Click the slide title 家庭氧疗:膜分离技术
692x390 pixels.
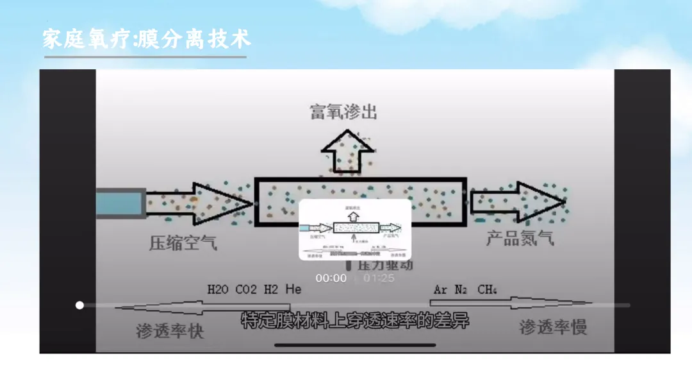(x=147, y=38)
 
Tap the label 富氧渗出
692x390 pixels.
(x=343, y=113)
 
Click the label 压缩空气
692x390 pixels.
(x=183, y=243)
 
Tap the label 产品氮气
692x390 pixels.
(x=520, y=239)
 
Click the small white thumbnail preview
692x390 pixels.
(x=355, y=229)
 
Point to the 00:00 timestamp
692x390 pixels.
(x=331, y=278)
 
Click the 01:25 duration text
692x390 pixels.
(x=379, y=278)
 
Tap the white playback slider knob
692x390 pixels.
(x=79, y=305)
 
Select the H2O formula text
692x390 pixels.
(x=218, y=289)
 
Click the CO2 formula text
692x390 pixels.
(x=247, y=289)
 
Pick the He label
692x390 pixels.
(x=293, y=289)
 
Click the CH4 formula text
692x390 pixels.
(x=487, y=289)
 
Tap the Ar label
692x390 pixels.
(x=440, y=289)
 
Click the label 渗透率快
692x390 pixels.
(x=170, y=331)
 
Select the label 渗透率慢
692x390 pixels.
(x=553, y=327)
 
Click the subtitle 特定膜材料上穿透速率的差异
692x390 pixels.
(x=354, y=321)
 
